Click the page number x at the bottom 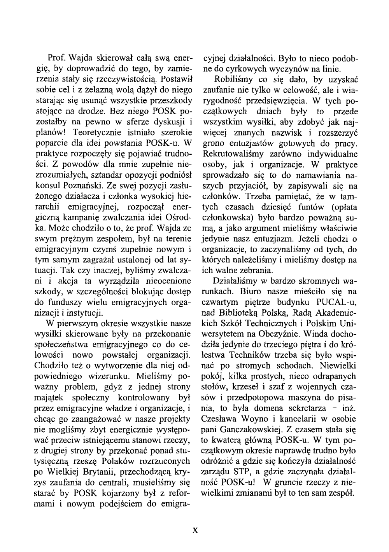pyautogui.click(x=196, y=531)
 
